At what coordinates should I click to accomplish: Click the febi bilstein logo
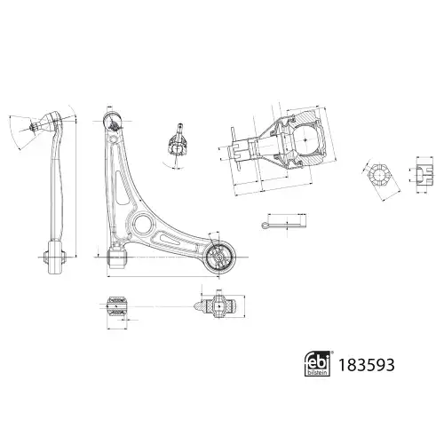(x=317, y=364)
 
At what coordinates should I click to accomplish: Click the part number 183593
(x=366, y=365)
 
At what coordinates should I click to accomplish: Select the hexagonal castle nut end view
(x=379, y=175)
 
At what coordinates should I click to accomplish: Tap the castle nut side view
(x=425, y=175)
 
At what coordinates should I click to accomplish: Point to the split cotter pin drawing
(x=284, y=226)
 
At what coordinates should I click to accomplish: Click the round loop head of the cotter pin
(x=265, y=226)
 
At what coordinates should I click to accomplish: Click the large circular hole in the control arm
(x=143, y=225)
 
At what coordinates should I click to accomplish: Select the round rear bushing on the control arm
(x=220, y=257)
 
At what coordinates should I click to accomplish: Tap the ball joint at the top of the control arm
(x=113, y=121)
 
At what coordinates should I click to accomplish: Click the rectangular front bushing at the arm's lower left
(x=117, y=258)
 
